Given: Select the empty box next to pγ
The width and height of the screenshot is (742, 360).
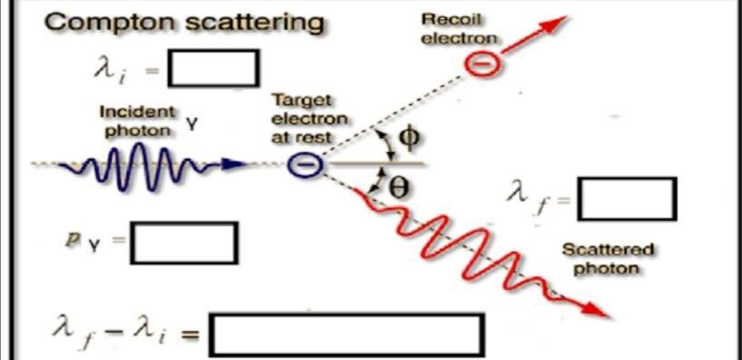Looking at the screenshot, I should click(x=184, y=243).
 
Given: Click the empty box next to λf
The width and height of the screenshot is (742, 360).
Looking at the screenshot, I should click(x=627, y=199).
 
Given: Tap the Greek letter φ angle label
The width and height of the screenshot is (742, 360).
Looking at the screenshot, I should click(x=410, y=137).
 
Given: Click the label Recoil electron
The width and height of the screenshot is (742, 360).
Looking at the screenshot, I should click(x=459, y=28).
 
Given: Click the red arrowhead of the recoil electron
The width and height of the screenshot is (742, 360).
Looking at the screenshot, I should click(x=556, y=21).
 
